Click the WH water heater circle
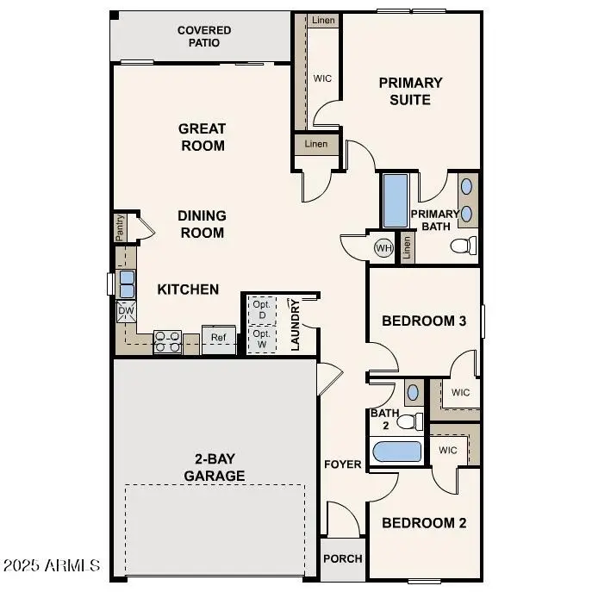(x=383, y=248)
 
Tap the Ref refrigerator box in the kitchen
(x=219, y=338)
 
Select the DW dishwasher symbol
(x=126, y=310)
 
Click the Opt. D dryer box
(x=261, y=309)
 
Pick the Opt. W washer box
(x=261, y=338)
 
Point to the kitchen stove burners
(x=166, y=342)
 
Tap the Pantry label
(x=121, y=229)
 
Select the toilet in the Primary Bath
(x=464, y=246)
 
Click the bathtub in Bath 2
(x=396, y=452)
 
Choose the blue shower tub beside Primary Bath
(x=396, y=201)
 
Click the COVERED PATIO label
(x=203, y=36)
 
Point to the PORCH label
(x=342, y=558)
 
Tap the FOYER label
(x=342, y=464)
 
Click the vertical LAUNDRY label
(x=295, y=325)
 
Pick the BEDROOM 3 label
(x=424, y=321)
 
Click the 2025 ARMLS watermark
(x=52, y=566)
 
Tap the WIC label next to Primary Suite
(x=322, y=78)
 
